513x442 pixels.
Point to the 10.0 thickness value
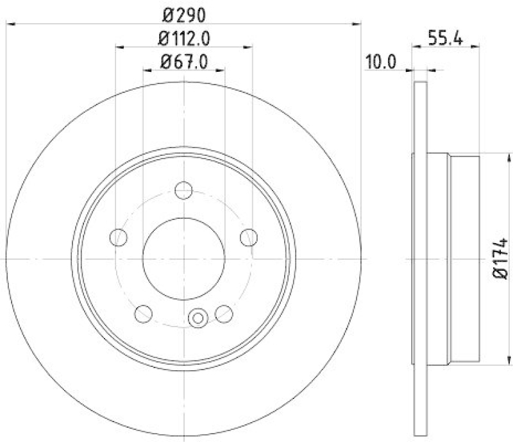click(382, 62)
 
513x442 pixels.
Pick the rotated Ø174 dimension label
click(501, 259)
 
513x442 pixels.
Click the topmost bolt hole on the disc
click(184, 190)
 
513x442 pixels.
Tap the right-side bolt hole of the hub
click(248, 237)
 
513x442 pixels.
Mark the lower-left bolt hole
click(144, 314)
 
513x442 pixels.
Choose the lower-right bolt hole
click(224, 314)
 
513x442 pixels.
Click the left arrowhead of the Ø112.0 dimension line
click(120, 46)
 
